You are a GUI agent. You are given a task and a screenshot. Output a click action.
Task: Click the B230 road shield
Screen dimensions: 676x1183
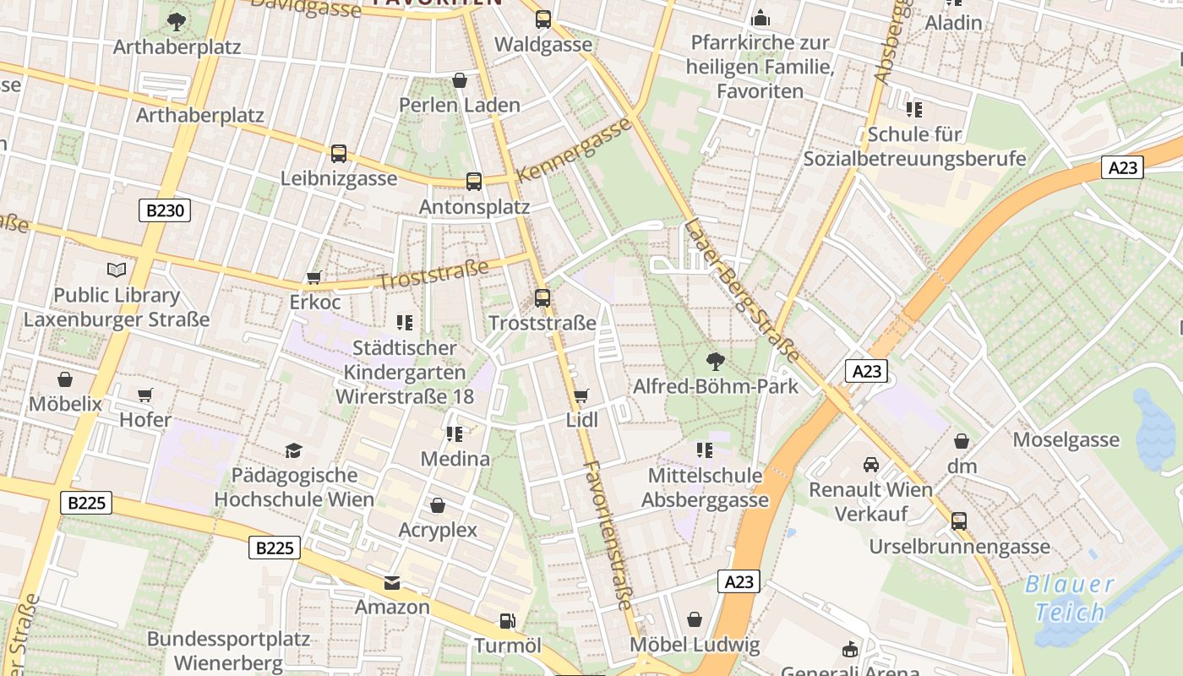(x=165, y=210)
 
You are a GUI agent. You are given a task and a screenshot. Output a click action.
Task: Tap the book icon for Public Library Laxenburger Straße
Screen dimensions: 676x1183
(x=117, y=270)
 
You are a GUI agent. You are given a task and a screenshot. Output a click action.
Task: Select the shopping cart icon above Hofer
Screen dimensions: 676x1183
(x=145, y=395)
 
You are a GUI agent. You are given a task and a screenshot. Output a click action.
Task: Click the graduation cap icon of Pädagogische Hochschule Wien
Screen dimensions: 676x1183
(x=293, y=450)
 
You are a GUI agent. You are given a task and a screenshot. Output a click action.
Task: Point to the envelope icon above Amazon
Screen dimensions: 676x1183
(x=392, y=582)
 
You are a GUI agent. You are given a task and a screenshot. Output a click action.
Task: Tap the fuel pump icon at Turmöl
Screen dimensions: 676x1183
(x=507, y=621)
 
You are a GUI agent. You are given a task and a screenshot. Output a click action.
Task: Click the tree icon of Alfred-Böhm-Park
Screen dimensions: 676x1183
(x=716, y=362)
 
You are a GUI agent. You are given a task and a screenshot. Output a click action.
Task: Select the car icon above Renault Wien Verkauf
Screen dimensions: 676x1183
(x=870, y=464)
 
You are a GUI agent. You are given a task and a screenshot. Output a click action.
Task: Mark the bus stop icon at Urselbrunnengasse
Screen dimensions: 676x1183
(x=959, y=521)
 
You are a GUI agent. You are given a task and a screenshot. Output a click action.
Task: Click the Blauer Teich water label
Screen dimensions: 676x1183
(x=1070, y=597)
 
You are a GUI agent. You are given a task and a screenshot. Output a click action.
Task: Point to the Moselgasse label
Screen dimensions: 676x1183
(x=1066, y=439)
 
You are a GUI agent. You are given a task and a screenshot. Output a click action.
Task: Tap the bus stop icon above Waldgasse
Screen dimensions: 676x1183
(x=543, y=19)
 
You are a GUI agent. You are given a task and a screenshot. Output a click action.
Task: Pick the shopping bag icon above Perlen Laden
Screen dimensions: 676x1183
(x=460, y=80)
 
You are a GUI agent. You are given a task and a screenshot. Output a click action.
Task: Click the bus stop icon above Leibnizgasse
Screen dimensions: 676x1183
(x=339, y=154)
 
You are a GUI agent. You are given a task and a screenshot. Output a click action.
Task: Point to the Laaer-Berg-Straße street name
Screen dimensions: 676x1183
(x=742, y=290)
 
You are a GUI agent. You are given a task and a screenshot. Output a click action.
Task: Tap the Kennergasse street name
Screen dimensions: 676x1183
(x=574, y=150)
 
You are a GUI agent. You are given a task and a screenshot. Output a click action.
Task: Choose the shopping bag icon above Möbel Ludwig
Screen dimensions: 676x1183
(x=695, y=620)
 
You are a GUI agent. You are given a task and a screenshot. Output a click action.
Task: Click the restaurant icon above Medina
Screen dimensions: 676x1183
(x=455, y=434)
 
